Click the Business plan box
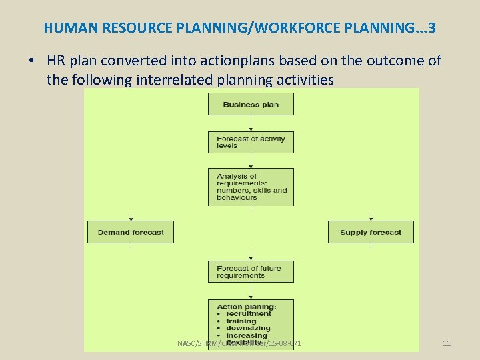pos(251,105)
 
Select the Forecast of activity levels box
pos(251,142)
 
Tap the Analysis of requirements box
pos(251,187)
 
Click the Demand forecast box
pos(131,232)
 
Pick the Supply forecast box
pos(371,232)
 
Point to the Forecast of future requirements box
pos(251,271)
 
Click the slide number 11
pos(447,343)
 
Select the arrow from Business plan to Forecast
pos(251,124)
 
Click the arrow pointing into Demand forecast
pos(131,216)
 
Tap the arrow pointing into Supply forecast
pos(371,216)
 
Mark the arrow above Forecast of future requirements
pos(251,255)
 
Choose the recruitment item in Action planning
pos(248,313)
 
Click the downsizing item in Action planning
pos(248,328)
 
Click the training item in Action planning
pos(241,321)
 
